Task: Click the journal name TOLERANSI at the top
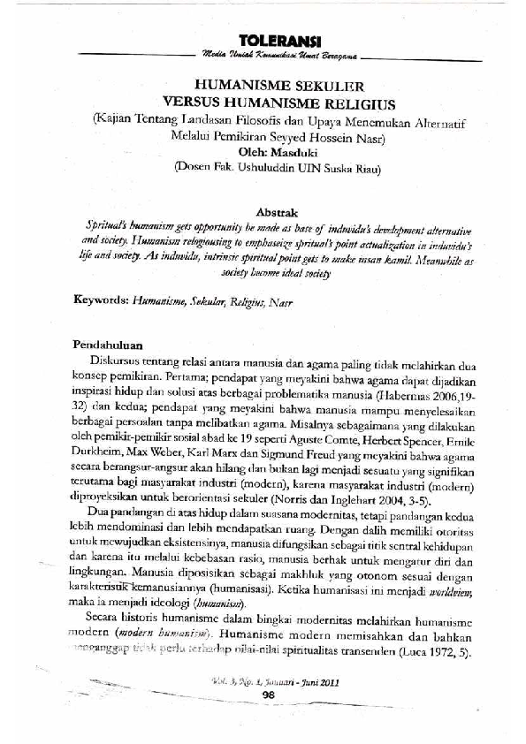[278, 41]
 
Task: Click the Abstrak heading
[278, 213]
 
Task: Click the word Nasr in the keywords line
[280, 301]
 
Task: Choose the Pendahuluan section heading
[110, 344]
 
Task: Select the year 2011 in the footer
[327, 681]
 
